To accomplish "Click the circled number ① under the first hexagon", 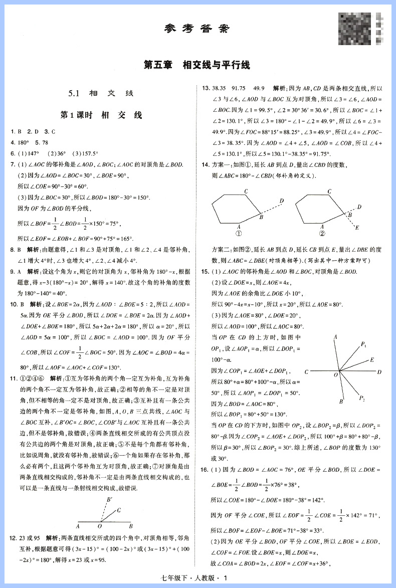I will click(239, 233).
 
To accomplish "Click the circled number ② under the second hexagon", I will click(322, 233).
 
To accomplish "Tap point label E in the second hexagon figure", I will click(356, 228).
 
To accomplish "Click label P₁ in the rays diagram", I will click(364, 344).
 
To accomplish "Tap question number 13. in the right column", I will click(205, 88).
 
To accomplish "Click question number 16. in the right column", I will click(205, 469).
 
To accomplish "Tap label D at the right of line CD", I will click(379, 372).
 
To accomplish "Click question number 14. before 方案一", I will click(205, 165).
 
